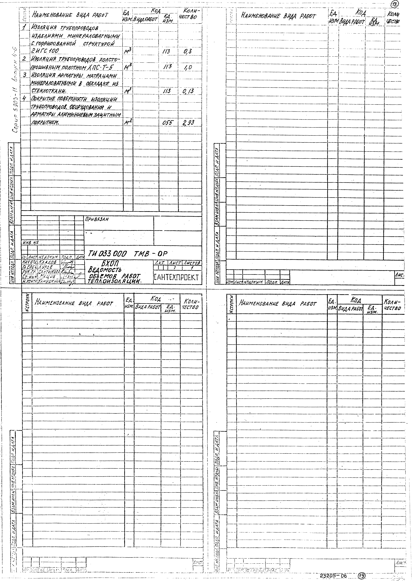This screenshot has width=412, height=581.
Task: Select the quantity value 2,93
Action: pyautogui.click(x=188, y=123)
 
